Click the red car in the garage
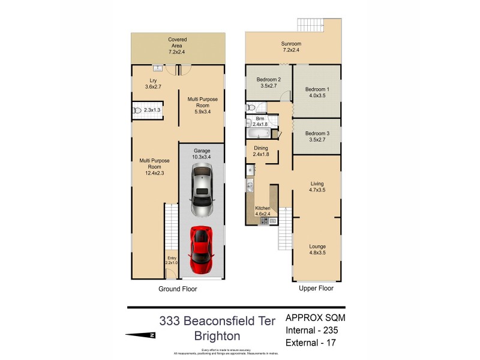click(201, 249)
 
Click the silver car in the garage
click(201, 191)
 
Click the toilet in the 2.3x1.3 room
click(137, 110)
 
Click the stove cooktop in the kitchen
click(263, 221)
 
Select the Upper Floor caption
click(316, 289)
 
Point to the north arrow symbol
click(140, 335)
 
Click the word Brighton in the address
click(217, 336)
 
